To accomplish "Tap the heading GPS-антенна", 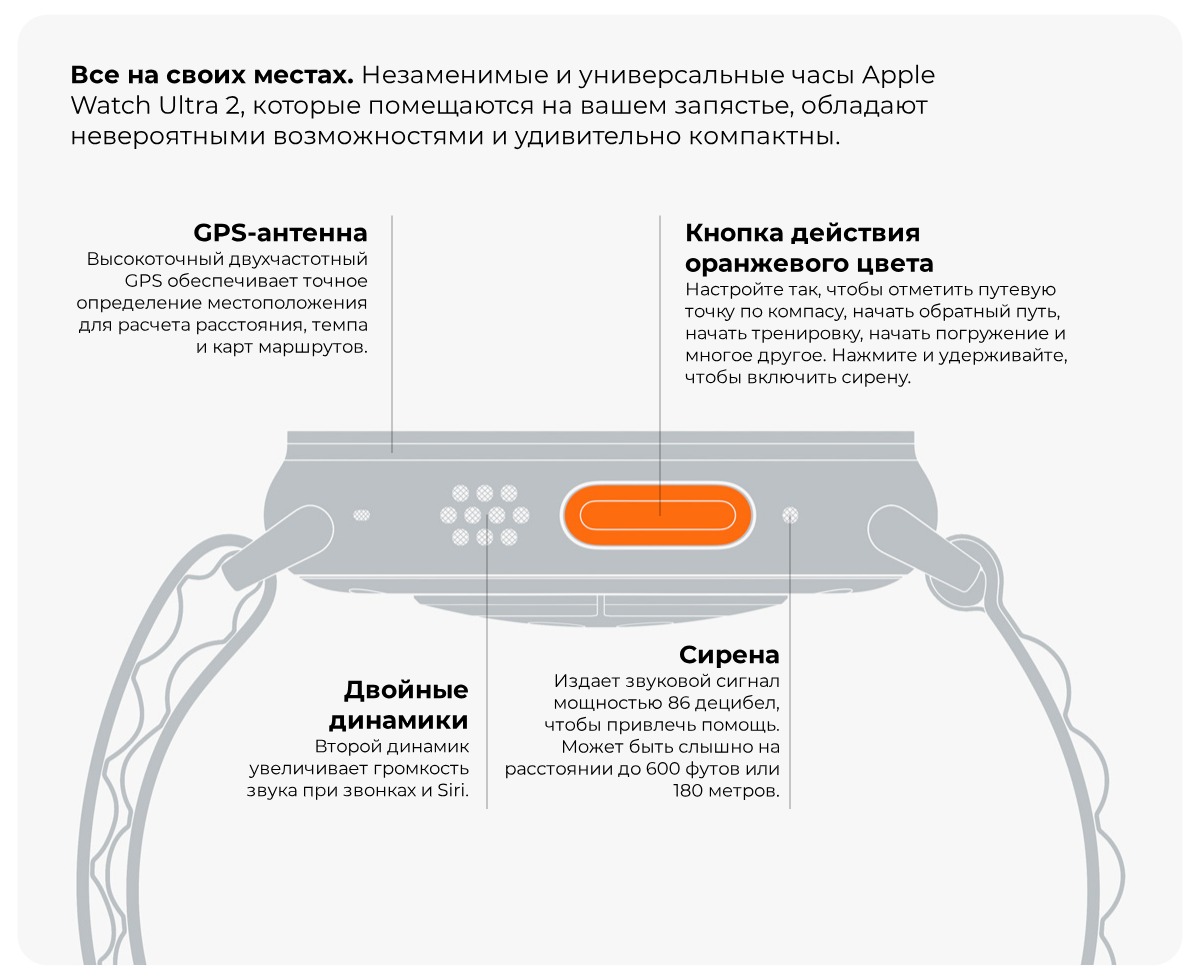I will tap(280, 233).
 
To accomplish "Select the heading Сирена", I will tap(729, 655).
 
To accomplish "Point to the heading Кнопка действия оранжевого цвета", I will tap(808, 248).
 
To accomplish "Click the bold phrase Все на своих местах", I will tap(211, 76).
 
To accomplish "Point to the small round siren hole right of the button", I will tap(790, 516).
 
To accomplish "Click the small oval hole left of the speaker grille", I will tap(362, 516).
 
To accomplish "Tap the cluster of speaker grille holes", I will tap(485, 515).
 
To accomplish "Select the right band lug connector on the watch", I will tap(922, 545).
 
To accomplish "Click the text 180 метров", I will tap(726, 791).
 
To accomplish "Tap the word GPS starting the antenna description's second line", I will tap(144, 281).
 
